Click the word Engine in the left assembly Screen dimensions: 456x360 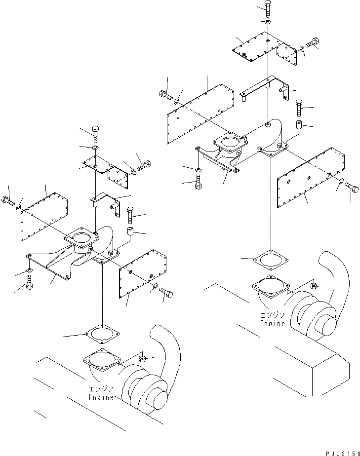(x=101, y=397)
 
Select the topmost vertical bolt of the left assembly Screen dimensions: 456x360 (x=95, y=133)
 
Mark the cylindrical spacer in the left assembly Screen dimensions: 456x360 (x=130, y=232)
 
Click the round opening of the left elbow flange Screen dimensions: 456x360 (x=80, y=239)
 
